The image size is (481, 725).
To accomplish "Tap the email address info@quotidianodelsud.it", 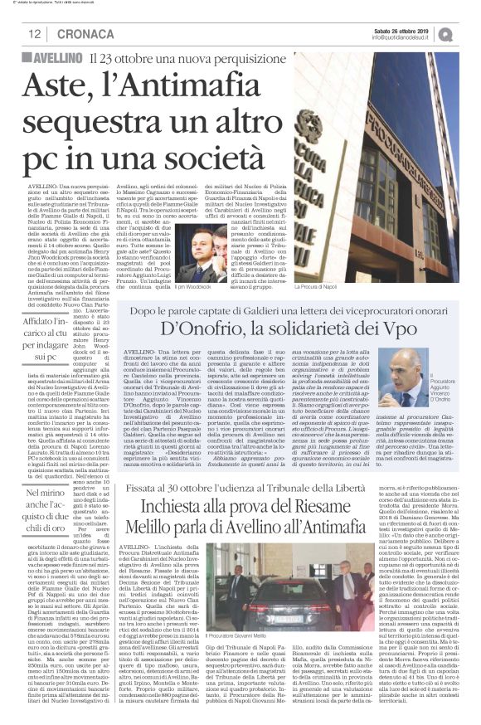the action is pos(401,38).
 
